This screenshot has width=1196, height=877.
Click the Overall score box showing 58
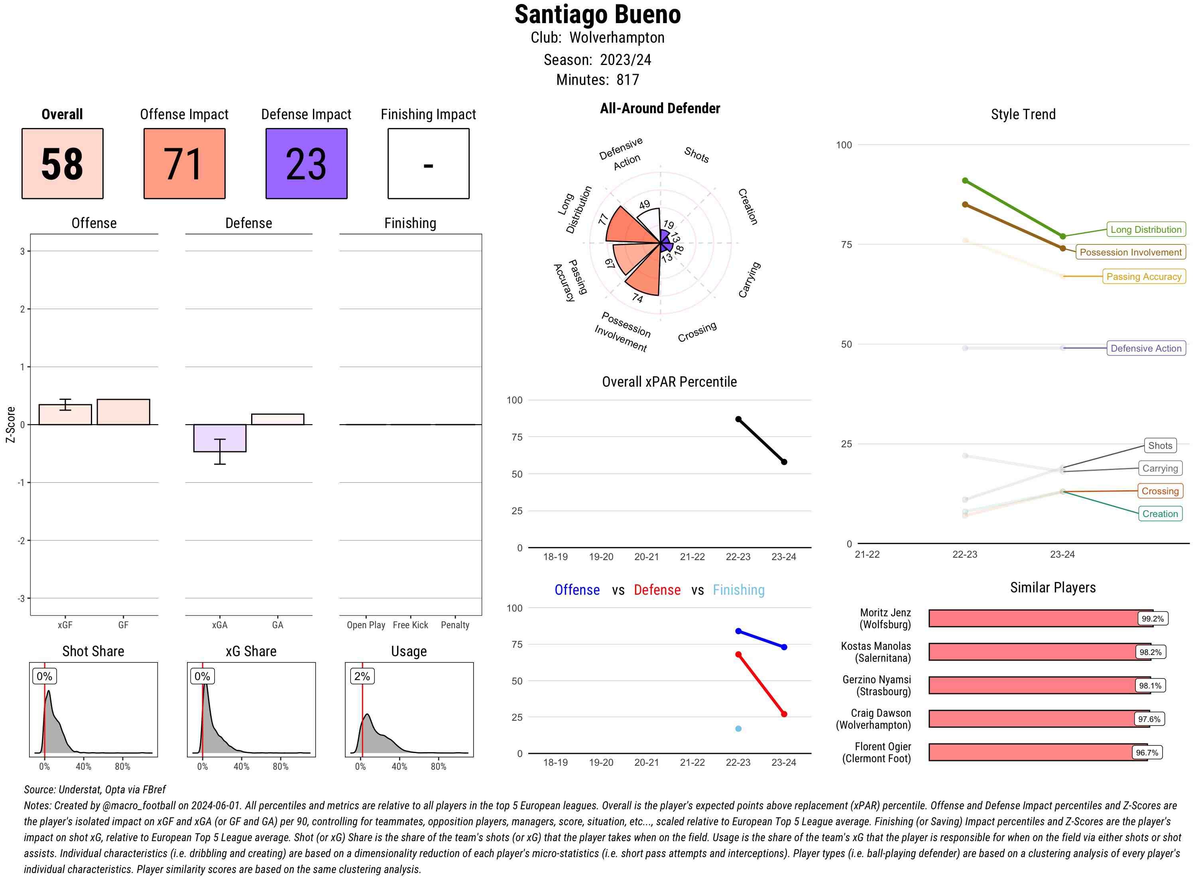pyautogui.click(x=62, y=163)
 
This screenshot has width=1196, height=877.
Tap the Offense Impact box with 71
pyautogui.click(x=184, y=163)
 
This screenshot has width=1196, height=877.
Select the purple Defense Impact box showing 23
pyautogui.click(x=306, y=163)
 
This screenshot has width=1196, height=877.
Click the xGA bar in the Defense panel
pyautogui.click(x=219, y=438)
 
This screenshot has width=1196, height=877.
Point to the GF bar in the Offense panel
pyautogui.click(x=123, y=412)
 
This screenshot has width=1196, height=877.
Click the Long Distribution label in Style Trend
pyautogui.click(x=1146, y=229)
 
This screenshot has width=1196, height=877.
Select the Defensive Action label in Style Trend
pyautogui.click(x=1146, y=348)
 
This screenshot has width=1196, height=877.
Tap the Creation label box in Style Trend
pyautogui.click(x=1160, y=514)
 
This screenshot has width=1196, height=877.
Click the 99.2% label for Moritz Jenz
pyautogui.click(x=1153, y=618)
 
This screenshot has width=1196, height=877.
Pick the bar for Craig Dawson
pyautogui.click(x=1038, y=719)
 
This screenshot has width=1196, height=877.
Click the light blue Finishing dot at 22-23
pyautogui.click(x=738, y=729)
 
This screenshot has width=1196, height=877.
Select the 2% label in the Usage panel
pyautogui.click(x=362, y=676)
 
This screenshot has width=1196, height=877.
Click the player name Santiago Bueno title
pyautogui.click(x=597, y=15)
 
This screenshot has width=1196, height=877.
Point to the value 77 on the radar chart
pyautogui.click(x=603, y=219)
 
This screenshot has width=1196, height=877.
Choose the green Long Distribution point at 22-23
pyautogui.click(x=965, y=181)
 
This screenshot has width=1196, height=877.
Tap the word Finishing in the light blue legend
pyautogui.click(x=738, y=590)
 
